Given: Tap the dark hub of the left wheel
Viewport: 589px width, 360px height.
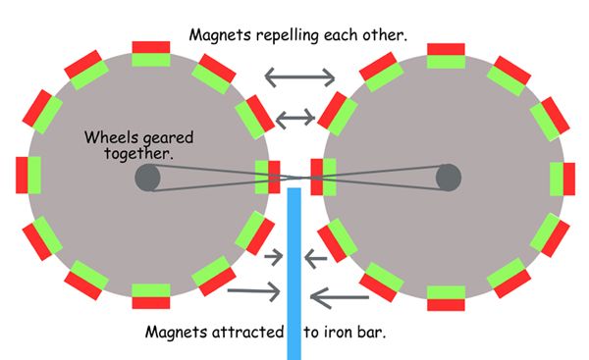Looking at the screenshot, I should click(x=147, y=178).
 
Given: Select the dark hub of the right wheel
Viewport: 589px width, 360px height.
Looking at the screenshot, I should click(x=449, y=178).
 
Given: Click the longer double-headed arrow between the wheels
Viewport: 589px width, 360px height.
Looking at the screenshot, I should click(x=299, y=76).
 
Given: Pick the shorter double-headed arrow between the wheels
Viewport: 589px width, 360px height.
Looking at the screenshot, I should click(x=295, y=118).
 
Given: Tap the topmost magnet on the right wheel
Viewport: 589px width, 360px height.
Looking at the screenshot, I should click(x=446, y=55).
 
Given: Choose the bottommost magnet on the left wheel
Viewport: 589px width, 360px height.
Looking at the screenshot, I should click(x=150, y=296).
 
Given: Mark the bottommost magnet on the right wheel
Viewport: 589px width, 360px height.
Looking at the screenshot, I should click(x=446, y=296).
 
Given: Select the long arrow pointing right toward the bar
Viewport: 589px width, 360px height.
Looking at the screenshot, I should click(x=254, y=290).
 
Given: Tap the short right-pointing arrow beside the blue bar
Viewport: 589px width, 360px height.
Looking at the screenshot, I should click(x=274, y=258).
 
